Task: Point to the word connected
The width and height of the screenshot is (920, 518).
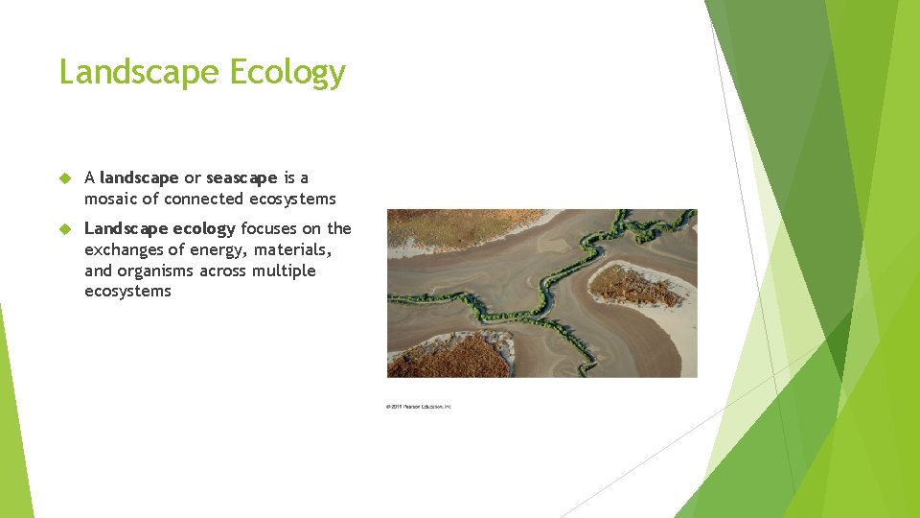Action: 205,199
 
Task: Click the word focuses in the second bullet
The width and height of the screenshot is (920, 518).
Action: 269,228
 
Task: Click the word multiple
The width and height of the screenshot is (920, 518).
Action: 284,271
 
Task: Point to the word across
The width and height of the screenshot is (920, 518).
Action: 224,271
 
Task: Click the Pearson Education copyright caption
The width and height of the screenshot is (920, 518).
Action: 419,407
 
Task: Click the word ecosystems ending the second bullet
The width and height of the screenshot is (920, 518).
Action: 127,292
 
